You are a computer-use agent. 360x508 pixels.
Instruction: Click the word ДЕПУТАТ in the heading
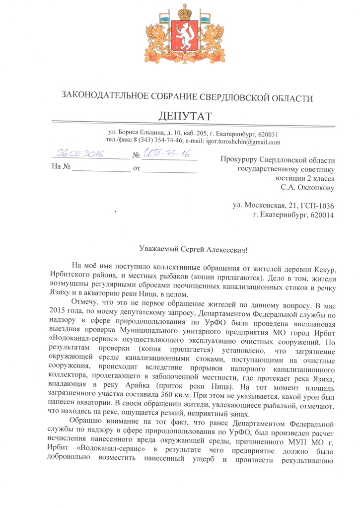[185, 116]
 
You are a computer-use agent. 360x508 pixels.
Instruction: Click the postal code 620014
[321, 215]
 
